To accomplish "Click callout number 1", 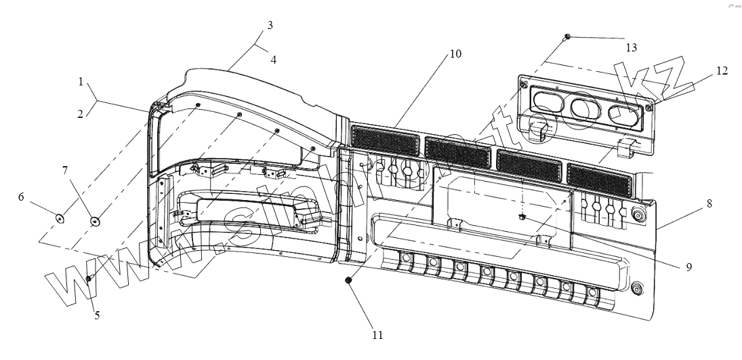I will (81, 82).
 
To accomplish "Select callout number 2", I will (81, 115).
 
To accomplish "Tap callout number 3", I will (270, 26).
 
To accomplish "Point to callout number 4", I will (273, 59).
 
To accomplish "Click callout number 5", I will (97, 315).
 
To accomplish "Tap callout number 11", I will (378, 335).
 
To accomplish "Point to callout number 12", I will (722, 71).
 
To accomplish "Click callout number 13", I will (632, 47).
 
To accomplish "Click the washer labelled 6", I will (60, 218).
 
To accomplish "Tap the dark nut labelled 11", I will (349, 281).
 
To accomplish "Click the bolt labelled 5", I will (89, 279).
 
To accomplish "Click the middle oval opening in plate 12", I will (581, 107).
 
